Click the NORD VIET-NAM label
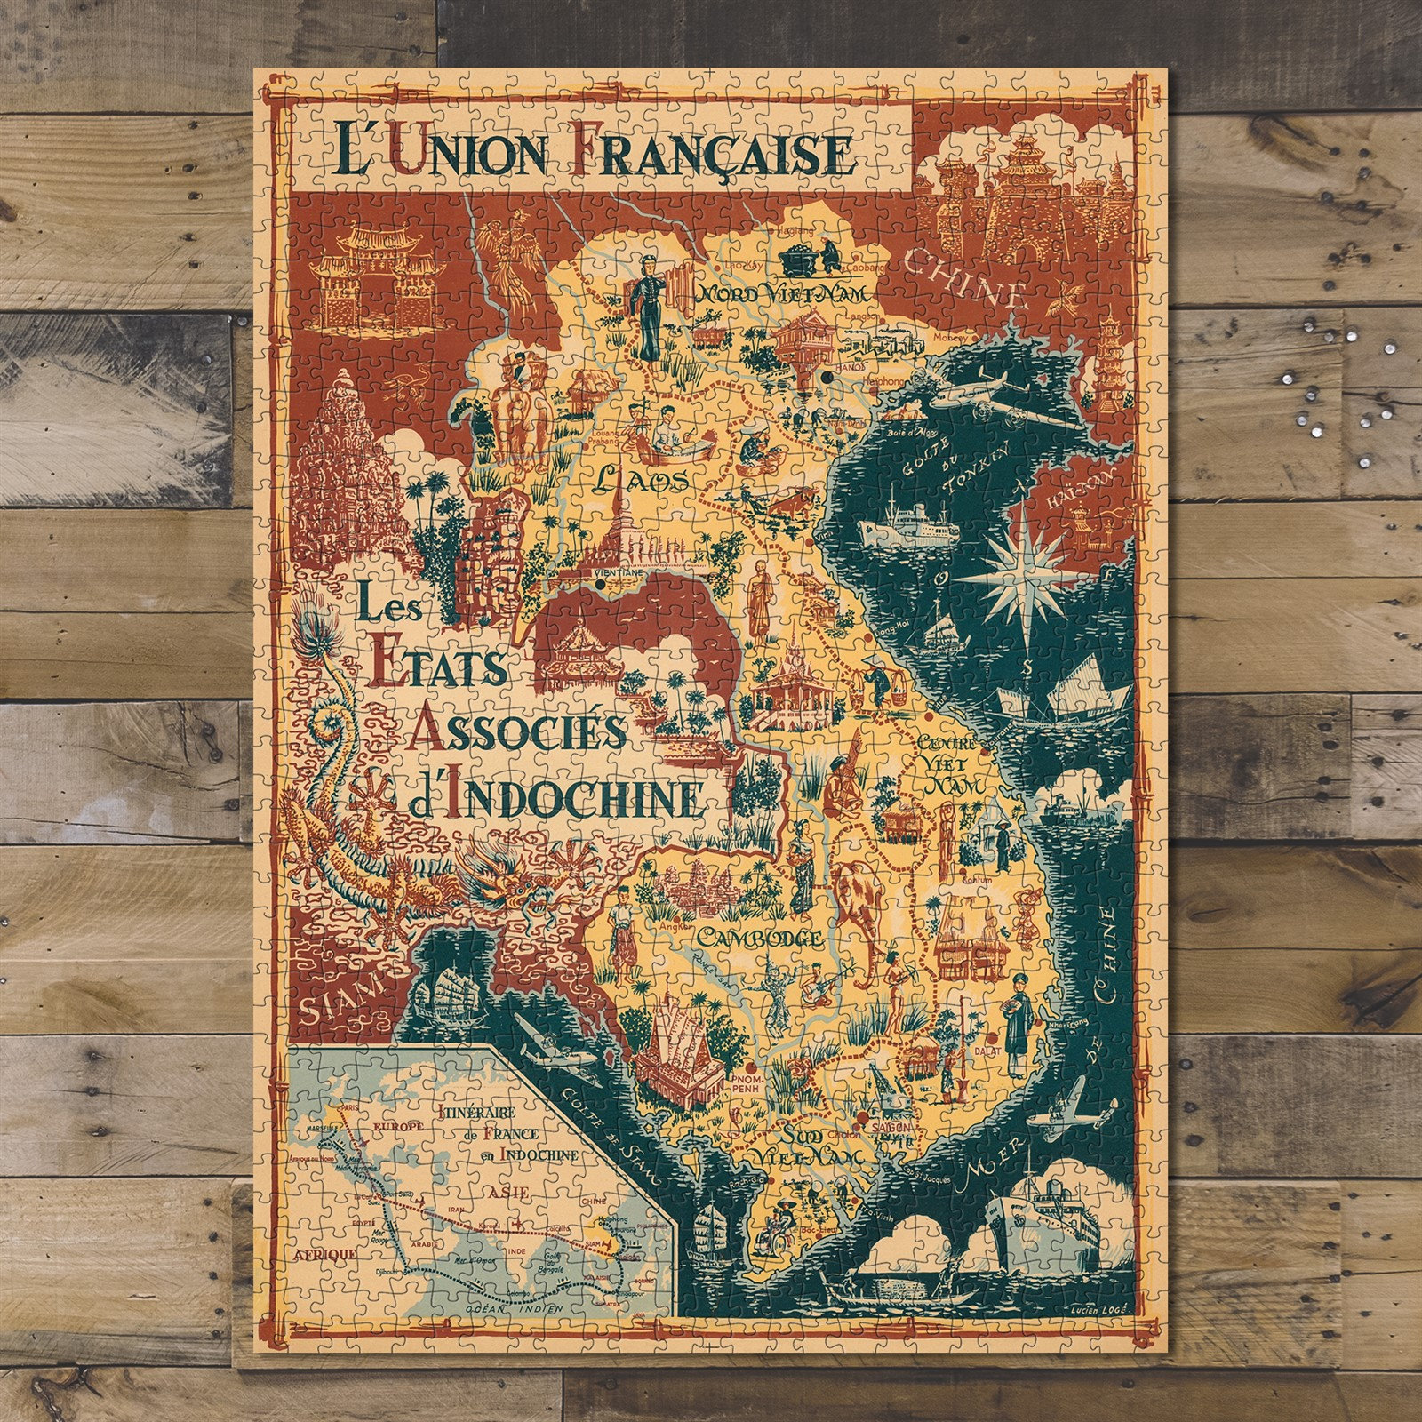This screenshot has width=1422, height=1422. click(770, 293)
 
